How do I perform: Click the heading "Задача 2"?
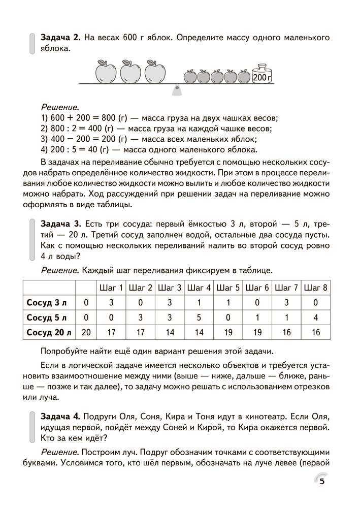(60, 38)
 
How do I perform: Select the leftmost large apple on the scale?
(107, 72)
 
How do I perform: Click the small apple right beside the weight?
(244, 76)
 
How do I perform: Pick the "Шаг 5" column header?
(228, 288)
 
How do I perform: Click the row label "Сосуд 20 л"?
(49, 333)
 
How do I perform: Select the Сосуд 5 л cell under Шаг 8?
(315, 318)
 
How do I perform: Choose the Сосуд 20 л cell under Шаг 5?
(228, 333)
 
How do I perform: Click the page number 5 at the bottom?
(322, 482)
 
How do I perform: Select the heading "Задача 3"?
(60, 224)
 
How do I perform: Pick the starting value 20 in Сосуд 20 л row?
(86, 333)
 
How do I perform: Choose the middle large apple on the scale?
(131, 72)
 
